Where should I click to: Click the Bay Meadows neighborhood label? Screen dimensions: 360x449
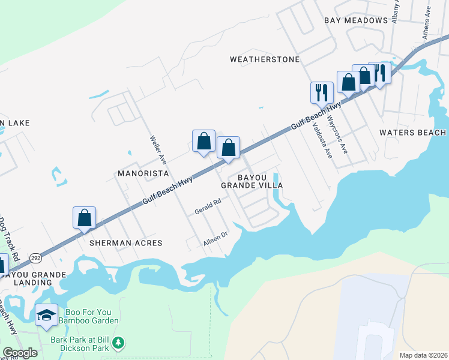coord(356,20)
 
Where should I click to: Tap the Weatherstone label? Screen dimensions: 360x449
coord(265,59)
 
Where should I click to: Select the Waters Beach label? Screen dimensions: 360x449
coord(413,133)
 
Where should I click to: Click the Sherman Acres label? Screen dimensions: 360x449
coord(126,243)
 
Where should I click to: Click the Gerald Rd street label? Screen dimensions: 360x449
coord(208,208)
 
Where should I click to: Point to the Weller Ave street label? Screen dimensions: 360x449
coord(158,149)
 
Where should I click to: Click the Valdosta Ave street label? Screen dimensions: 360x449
coord(322,140)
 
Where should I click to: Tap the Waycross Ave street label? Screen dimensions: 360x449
coord(337,131)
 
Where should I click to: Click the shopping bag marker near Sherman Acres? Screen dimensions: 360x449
coord(85,218)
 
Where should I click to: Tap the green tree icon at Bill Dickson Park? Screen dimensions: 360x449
coord(119,343)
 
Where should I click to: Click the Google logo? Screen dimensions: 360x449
coord(20,353)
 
